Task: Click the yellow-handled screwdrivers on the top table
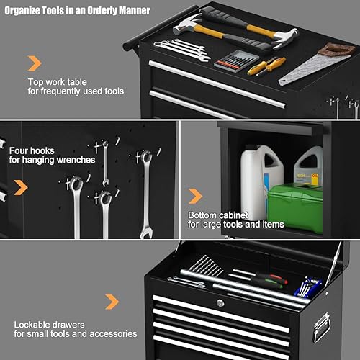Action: (x=266, y=66)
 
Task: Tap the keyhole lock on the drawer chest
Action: (x=220, y=303)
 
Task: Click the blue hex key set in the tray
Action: (x=309, y=286)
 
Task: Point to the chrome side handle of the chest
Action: (x=321, y=328)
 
